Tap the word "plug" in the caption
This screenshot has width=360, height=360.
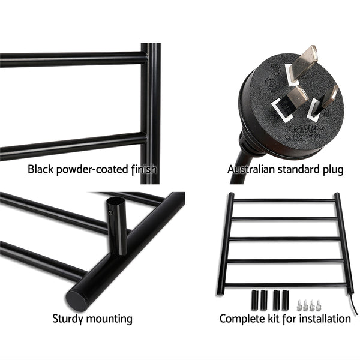coord(332,169)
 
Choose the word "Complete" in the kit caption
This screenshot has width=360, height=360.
coord(243,318)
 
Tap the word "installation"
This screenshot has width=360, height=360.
coord(321,318)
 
